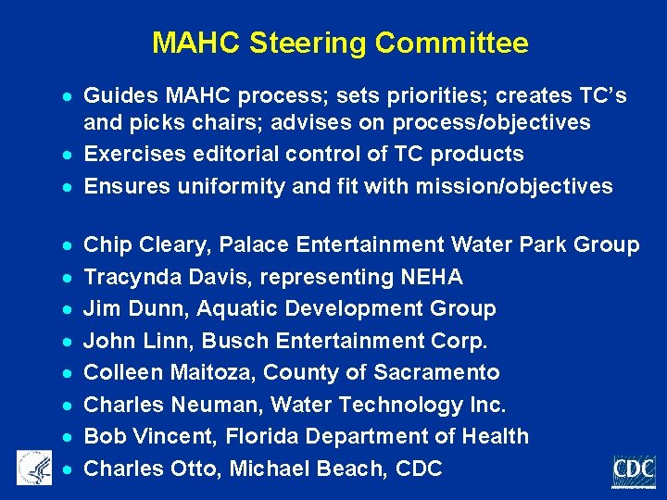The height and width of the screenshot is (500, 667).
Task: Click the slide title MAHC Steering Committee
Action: click(340, 43)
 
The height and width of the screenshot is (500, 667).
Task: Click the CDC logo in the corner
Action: click(634, 471)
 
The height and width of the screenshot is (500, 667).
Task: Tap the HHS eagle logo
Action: click(33, 467)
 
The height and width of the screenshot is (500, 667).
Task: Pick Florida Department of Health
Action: click(381, 436)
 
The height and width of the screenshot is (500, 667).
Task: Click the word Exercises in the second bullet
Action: click(132, 155)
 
